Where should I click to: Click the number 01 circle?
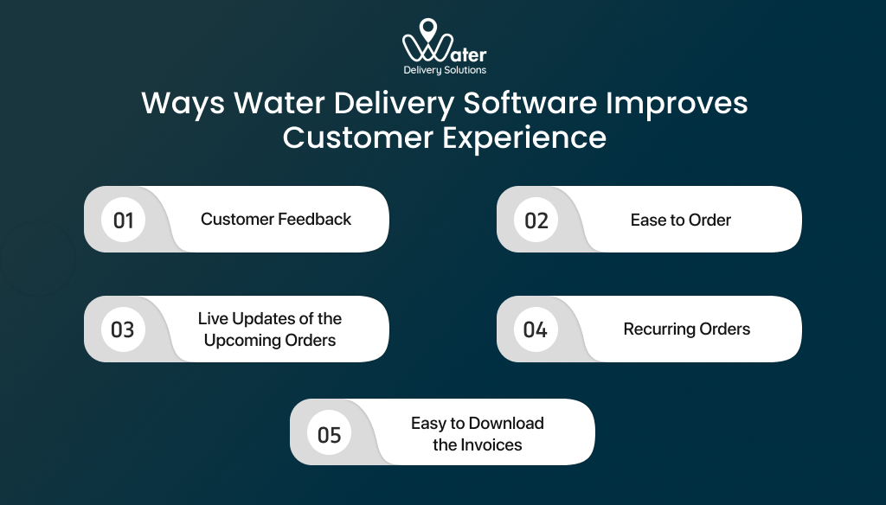[124, 220]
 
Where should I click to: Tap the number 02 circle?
[536, 220]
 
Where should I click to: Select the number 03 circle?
[124, 329]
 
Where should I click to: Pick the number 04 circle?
[536, 329]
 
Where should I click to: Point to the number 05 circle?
[330, 433]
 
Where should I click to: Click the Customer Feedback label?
[276, 220]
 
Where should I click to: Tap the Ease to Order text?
[680, 221]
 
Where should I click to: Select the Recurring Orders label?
[686, 329]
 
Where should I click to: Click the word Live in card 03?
[214, 319]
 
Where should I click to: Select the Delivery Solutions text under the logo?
[445, 70]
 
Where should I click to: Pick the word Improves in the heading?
[677, 104]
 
